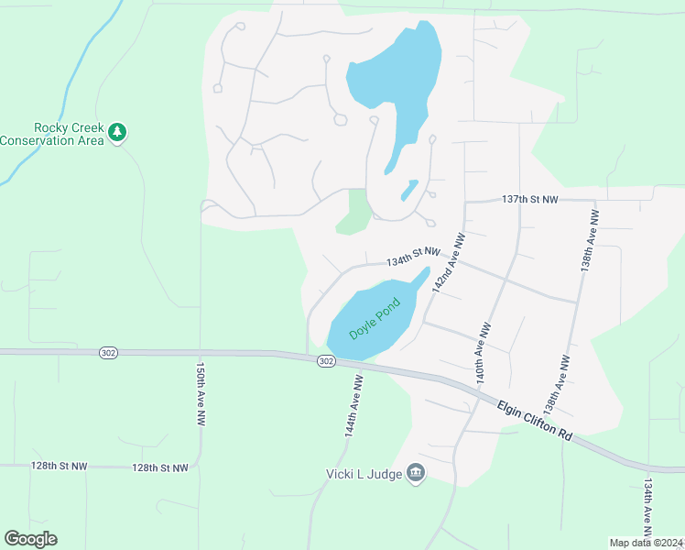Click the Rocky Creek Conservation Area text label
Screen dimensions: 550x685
(x=51, y=134)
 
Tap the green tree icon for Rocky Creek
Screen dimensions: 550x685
(x=116, y=133)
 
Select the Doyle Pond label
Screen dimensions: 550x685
(x=375, y=316)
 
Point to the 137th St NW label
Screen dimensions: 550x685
(x=530, y=199)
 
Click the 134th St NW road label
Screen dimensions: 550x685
(x=413, y=257)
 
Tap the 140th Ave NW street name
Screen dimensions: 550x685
(x=481, y=352)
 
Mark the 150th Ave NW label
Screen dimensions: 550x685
(x=200, y=392)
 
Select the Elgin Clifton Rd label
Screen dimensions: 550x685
(x=536, y=422)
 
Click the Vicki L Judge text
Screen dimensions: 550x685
(x=365, y=473)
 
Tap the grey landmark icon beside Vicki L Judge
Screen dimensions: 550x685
(x=416, y=473)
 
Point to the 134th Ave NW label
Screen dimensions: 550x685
(x=648, y=508)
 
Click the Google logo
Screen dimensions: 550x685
(x=30, y=539)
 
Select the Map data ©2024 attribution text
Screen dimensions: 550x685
(x=645, y=543)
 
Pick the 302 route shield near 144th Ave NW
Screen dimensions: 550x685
(x=327, y=361)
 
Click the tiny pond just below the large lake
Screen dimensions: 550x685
(x=409, y=190)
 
